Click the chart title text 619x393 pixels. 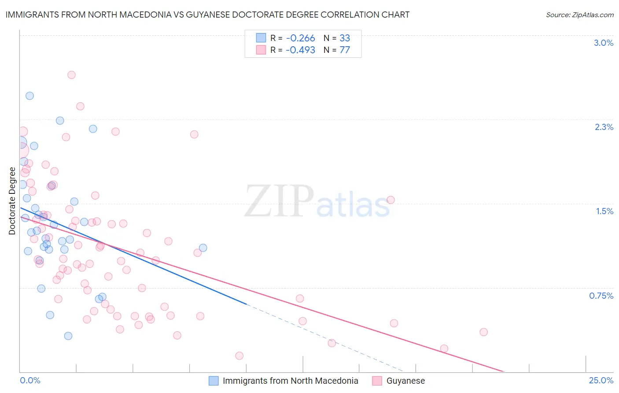pyautogui.click(x=207, y=15)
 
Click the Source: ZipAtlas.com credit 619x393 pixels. pyautogui.click(x=579, y=15)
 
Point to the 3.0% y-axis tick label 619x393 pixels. pyautogui.click(x=603, y=43)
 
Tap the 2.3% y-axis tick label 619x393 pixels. pyautogui.click(x=604, y=127)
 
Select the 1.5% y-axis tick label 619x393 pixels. pyautogui.click(x=604, y=211)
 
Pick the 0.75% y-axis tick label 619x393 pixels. pyautogui.click(x=601, y=296)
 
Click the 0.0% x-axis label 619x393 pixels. pyautogui.click(x=30, y=380)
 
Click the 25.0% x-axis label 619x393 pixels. pyautogui.click(x=601, y=380)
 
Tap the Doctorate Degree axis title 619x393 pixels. pyautogui.click(x=12, y=201)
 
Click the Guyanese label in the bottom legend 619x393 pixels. pyautogui.click(x=405, y=381)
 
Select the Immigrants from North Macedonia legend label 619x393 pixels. pyautogui.click(x=290, y=381)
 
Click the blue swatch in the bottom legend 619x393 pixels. pyautogui.click(x=214, y=381)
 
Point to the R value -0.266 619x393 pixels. pyautogui.click(x=300, y=38)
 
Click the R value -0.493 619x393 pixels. pyautogui.click(x=300, y=50)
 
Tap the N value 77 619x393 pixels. pyautogui.click(x=345, y=50)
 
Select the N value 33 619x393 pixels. pyautogui.click(x=345, y=38)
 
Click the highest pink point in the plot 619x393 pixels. pyautogui.click(x=71, y=75)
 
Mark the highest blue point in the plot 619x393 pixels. pyautogui.click(x=29, y=96)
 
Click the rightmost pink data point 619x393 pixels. pyautogui.click(x=483, y=332)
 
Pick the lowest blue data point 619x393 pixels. pyautogui.click(x=68, y=336)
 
